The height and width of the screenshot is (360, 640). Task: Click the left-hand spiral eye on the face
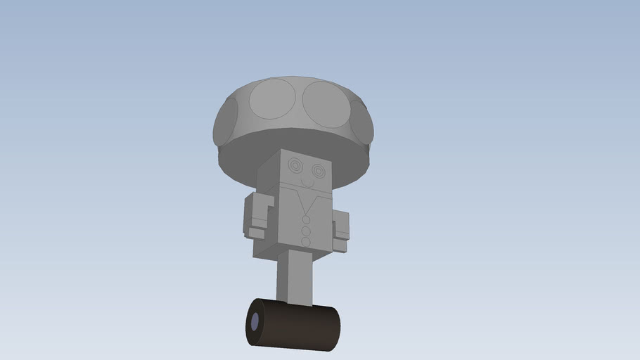(295, 167)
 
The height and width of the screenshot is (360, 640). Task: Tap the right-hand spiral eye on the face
(319, 171)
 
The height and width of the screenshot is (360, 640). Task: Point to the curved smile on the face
(306, 184)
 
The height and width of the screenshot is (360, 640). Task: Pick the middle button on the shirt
(306, 231)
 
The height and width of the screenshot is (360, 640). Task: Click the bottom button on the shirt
(306, 241)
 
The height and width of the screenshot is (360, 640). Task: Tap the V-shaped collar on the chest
(307, 204)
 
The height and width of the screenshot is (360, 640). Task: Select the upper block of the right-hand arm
(341, 223)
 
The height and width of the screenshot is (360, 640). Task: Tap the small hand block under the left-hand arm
(257, 233)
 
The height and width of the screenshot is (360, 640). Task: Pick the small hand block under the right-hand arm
(340, 245)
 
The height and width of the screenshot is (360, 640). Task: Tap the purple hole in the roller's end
(254, 323)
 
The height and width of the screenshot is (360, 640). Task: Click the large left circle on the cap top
(272, 98)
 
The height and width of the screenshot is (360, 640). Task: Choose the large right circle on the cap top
(325, 104)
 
